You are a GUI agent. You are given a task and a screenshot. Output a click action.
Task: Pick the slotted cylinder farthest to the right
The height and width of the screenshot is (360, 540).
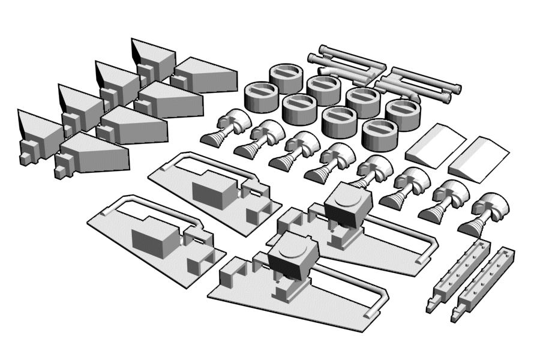tap(402, 114)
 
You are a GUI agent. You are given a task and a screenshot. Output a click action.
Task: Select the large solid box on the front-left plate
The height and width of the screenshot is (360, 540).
tap(154, 240)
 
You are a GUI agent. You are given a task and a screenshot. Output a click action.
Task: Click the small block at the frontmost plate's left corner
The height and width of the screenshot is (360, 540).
tap(230, 276)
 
